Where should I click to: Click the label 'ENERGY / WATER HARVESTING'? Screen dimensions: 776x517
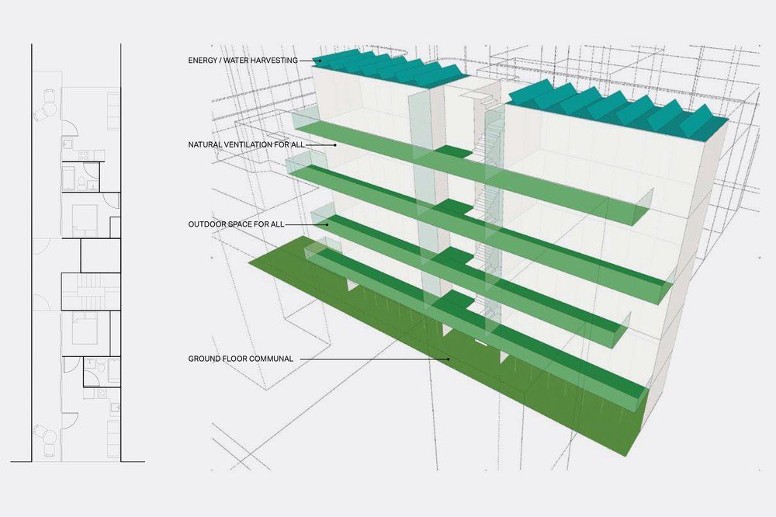point(243,60)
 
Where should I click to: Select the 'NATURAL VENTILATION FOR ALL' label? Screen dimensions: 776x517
point(246,145)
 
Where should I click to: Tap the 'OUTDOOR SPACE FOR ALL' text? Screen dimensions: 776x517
point(236,224)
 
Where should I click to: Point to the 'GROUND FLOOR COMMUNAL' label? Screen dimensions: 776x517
point(240,359)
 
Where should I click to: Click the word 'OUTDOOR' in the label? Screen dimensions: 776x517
point(205,224)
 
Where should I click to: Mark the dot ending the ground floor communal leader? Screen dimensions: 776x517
point(449,359)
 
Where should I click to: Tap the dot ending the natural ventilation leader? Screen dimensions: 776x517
point(334,145)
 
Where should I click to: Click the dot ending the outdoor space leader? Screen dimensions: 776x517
point(327,224)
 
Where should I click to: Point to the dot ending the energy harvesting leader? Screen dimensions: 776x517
point(318,60)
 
